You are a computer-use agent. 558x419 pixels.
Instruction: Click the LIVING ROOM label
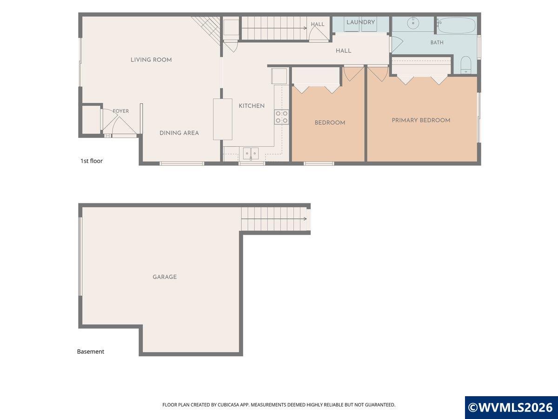151,60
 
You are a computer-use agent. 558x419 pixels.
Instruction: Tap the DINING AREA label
179,133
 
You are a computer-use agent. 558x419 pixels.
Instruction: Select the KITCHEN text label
252,106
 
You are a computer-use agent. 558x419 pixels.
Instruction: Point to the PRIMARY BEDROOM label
421,120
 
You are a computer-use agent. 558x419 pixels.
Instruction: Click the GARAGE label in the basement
165,277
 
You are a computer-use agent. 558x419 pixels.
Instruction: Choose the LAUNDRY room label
360,22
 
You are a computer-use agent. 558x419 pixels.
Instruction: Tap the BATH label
437,42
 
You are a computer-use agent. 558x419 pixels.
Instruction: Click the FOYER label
121,111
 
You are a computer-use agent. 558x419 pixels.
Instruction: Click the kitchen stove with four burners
282,117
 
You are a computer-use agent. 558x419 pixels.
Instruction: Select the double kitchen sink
251,154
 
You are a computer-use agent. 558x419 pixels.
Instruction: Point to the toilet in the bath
466,65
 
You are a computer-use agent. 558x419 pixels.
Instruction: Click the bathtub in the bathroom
457,25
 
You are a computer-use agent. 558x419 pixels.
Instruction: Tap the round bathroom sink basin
413,23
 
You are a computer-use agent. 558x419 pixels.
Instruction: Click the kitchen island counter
222,119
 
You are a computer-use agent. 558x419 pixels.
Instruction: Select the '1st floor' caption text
92,161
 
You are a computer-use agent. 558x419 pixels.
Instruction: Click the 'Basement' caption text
91,351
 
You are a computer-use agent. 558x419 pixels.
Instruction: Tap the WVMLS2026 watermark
511,407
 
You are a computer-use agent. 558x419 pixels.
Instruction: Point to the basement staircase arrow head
306,219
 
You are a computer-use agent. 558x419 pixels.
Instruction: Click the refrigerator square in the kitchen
279,76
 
